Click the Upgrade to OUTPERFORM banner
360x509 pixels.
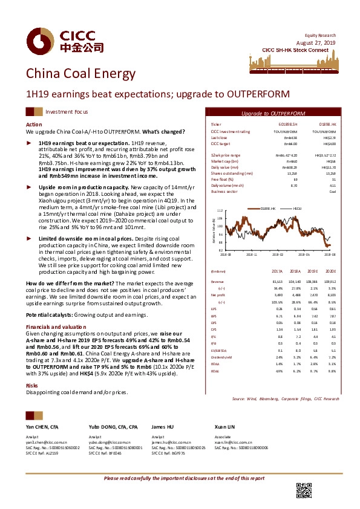[x=273, y=113]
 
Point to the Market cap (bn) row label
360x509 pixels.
[x=224, y=161]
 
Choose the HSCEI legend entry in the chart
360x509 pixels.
[x=297, y=207]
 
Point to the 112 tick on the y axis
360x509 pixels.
[x=220, y=210]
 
